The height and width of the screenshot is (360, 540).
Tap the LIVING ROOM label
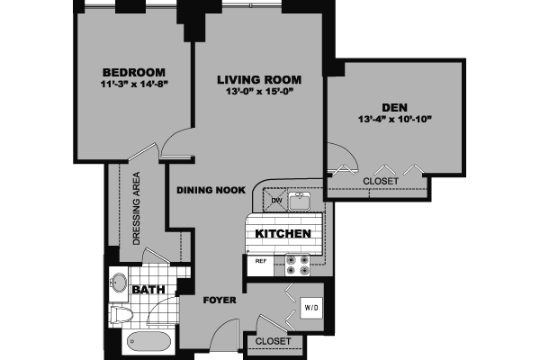click(x=259, y=79)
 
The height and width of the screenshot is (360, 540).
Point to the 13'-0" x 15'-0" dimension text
click(x=259, y=92)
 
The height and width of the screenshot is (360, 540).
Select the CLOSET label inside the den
click(x=382, y=181)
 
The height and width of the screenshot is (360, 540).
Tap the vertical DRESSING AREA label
click(x=137, y=208)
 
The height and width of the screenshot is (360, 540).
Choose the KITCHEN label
click(x=283, y=234)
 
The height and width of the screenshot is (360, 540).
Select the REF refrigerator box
click(x=261, y=262)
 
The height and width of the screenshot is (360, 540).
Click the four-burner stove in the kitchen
click(x=297, y=264)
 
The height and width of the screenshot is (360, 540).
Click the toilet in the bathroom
click(x=121, y=314)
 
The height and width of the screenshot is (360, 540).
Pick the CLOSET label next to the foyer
click(x=272, y=342)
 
